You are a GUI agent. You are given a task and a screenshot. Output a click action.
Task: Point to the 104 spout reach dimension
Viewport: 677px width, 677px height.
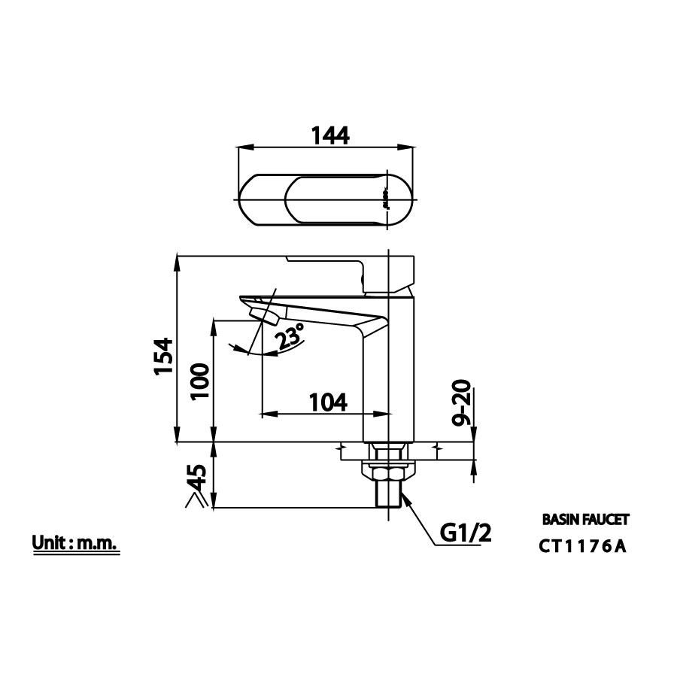pyautogui.click(x=328, y=402)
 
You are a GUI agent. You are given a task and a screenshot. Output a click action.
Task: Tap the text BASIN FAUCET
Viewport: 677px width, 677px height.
pyautogui.click(x=585, y=520)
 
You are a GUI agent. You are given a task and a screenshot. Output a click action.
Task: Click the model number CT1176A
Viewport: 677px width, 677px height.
pyautogui.click(x=582, y=547)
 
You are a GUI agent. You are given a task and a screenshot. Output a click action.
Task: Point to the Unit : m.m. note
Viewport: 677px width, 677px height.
pyautogui.click(x=75, y=543)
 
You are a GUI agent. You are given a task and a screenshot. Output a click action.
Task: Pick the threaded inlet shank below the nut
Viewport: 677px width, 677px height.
pyautogui.click(x=388, y=497)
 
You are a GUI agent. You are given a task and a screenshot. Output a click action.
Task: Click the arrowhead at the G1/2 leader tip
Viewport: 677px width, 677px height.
pyautogui.click(x=403, y=496)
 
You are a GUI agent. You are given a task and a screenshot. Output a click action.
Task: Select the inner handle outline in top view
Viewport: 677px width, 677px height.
pyautogui.click(x=335, y=200)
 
